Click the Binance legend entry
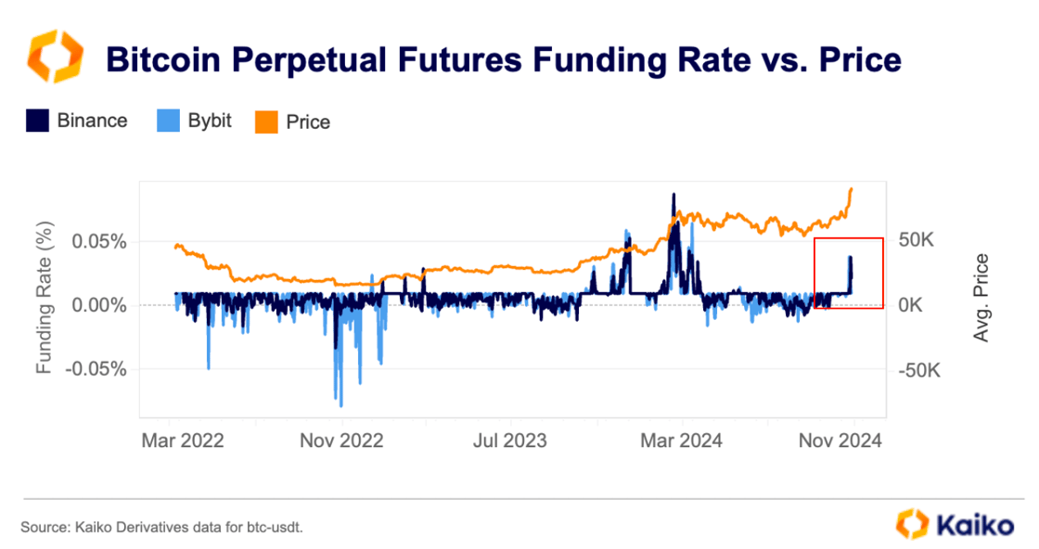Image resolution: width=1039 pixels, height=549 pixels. pos(77,121)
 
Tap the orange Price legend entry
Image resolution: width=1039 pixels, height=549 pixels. pos(293,121)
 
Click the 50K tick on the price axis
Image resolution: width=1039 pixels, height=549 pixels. pos(921,241)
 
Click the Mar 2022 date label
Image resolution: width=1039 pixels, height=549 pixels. pos(182,440)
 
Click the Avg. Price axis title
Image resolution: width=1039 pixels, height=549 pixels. pos(982,298)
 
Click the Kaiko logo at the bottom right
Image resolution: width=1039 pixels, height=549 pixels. pos(956,524)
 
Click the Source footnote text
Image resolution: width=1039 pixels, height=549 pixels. pos(161,527)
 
